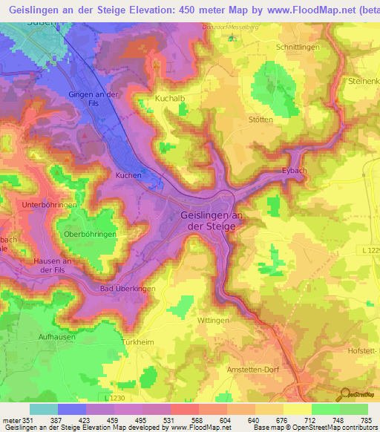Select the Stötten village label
tap(260, 120)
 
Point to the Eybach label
tap(294, 170)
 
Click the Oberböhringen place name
tap(91, 235)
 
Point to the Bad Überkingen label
tap(128, 288)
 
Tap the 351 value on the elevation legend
tap(28, 421)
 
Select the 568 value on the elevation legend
tap(197, 421)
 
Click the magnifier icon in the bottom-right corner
tap(344, 395)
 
